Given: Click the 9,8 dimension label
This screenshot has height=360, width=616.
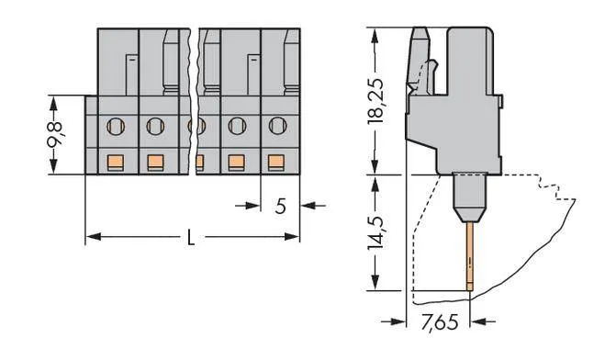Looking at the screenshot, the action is (x=55, y=135).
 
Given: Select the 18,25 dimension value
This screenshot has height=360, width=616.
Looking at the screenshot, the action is (x=375, y=101).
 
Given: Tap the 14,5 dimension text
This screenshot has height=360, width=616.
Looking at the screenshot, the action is (x=375, y=232).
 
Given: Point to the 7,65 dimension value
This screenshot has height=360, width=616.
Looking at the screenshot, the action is (x=439, y=322).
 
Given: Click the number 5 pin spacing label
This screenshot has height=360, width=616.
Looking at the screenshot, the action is (x=280, y=206).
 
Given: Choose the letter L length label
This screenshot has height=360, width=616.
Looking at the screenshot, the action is (x=191, y=237).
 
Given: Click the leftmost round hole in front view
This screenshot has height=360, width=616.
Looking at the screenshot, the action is (x=116, y=127).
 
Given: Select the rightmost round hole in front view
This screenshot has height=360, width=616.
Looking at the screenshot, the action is (x=278, y=126).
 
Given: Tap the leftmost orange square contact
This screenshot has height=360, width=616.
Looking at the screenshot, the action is (x=116, y=163).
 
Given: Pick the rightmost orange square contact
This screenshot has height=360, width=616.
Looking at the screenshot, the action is (x=276, y=163).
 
